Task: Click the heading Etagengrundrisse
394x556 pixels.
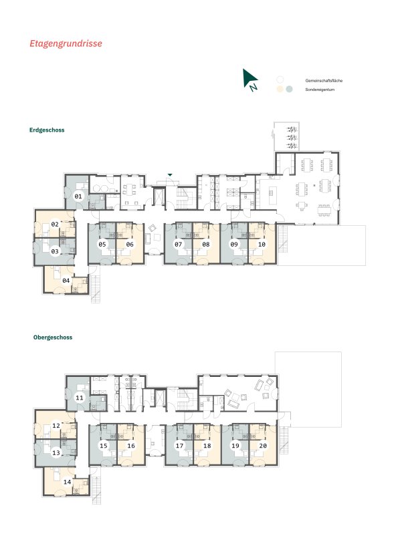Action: pos(66,43)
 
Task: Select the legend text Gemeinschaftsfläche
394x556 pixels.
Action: pos(324,81)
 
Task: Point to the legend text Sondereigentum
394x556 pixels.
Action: pos(320,90)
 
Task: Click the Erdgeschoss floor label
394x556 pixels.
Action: pos(47,130)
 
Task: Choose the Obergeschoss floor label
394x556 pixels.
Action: pos(53,337)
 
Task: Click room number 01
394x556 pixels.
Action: pos(78,196)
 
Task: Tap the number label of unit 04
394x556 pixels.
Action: pos(66,281)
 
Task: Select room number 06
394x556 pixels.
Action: pos(130,244)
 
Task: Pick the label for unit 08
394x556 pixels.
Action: pos(206,244)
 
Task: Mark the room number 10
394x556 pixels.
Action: pos(262,244)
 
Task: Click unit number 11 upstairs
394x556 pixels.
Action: pos(80,398)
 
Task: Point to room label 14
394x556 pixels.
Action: pos(67,482)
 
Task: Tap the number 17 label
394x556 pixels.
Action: pos(179,445)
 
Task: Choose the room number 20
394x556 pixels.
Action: pos(263,445)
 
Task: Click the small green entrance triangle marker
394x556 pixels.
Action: pos(170,175)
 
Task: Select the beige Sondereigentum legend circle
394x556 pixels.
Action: pos(280,89)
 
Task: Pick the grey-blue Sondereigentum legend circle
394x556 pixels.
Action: pos(289,89)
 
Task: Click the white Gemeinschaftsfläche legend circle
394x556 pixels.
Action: pos(280,80)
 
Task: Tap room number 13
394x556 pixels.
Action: pos(56,453)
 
